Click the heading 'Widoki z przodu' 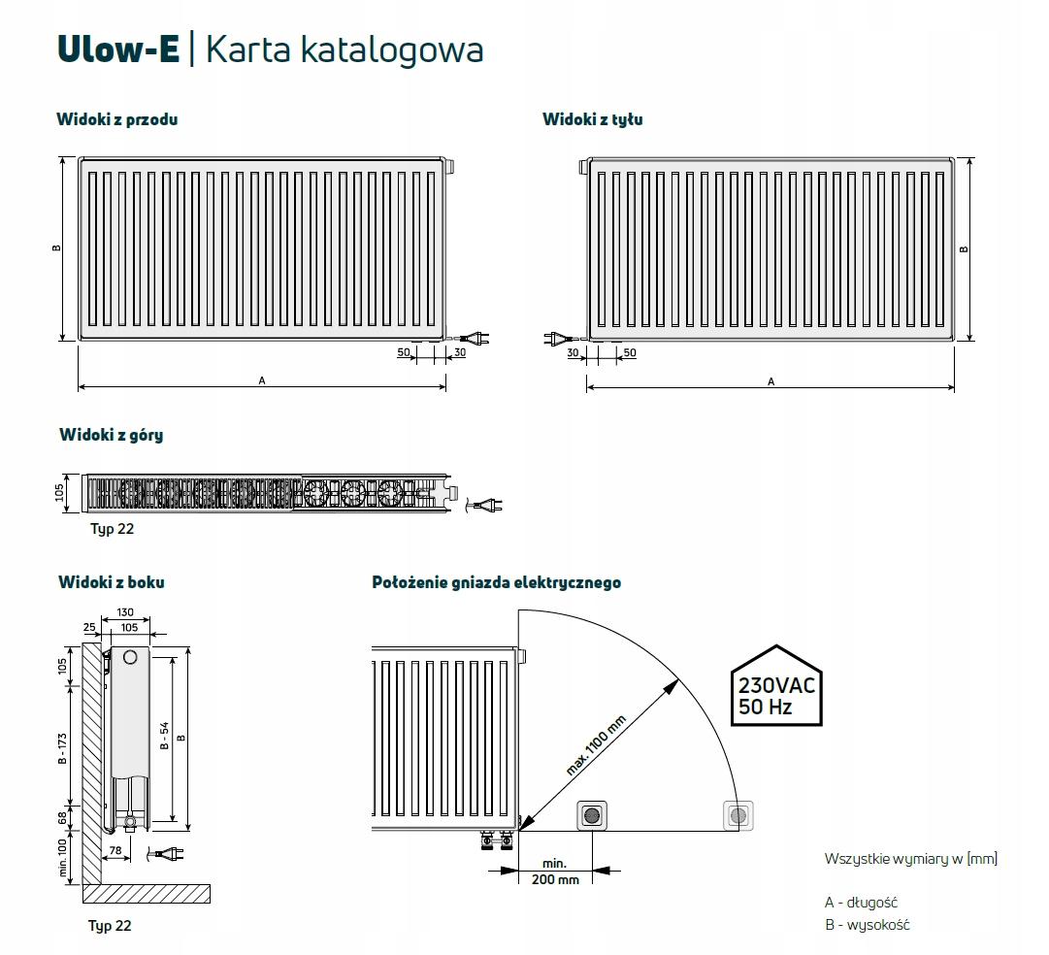(x=117, y=119)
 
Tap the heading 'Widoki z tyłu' (x=592, y=119)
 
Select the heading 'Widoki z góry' (x=111, y=435)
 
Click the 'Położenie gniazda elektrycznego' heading (x=496, y=582)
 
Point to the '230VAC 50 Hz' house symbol (x=774, y=687)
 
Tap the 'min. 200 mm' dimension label (x=555, y=871)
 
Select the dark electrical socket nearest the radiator (x=591, y=815)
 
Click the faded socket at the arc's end (x=738, y=815)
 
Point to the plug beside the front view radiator (x=475, y=338)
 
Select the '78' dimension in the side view (x=115, y=851)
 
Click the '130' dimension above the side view (x=125, y=613)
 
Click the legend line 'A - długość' (x=861, y=903)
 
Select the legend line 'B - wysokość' (x=867, y=925)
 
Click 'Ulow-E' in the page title (x=118, y=49)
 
